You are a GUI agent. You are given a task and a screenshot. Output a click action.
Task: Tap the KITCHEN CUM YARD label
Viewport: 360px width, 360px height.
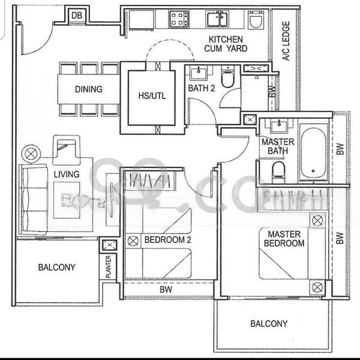pyautogui.click(x=227, y=44)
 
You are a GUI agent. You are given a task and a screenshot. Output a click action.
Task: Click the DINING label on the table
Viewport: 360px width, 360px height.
pyautogui.click(x=88, y=89)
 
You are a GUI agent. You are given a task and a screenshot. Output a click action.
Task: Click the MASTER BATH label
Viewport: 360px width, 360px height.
pyautogui.click(x=277, y=146)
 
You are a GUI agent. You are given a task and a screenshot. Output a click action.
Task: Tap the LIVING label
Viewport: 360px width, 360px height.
pyautogui.click(x=67, y=174)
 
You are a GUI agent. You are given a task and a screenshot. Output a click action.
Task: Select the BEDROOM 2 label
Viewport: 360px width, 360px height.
pyautogui.click(x=167, y=239)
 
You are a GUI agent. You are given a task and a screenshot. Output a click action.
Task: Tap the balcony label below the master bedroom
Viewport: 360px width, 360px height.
pyautogui.click(x=268, y=323)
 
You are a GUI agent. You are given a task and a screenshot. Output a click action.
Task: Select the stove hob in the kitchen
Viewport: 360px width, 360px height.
pyautogui.click(x=178, y=19)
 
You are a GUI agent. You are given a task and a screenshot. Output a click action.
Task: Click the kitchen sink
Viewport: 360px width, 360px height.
pyautogui.click(x=217, y=19)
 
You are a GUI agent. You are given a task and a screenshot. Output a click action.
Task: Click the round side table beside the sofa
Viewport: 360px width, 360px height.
pyautogui.click(x=29, y=154)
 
